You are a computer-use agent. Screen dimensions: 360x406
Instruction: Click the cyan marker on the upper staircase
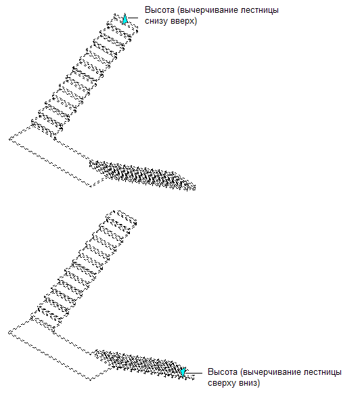[125, 19]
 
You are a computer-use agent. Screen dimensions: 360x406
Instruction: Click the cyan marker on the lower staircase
[183, 372]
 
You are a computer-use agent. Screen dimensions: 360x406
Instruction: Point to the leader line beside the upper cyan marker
[133, 18]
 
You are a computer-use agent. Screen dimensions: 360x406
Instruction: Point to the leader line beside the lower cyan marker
[194, 373]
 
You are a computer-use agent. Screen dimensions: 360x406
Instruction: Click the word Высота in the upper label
[160, 10]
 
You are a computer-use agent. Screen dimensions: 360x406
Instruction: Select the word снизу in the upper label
[156, 21]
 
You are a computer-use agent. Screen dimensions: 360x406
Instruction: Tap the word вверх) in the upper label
[184, 21]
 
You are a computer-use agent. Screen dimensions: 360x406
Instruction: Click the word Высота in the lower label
[223, 372]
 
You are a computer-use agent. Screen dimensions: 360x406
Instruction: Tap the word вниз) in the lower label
[248, 383]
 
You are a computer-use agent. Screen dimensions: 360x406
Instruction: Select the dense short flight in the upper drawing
[143, 175]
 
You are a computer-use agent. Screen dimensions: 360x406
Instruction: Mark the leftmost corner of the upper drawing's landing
[9, 139]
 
